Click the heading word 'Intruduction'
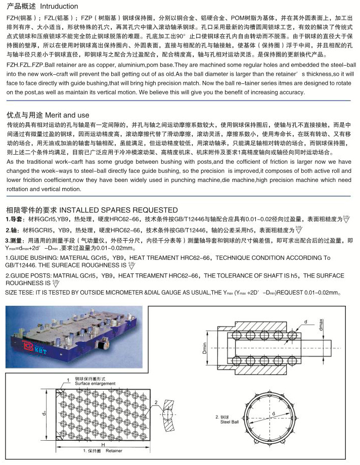(x=59, y=7)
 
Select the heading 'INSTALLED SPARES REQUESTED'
(x=119, y=210)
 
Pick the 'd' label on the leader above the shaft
(x=306, y=321)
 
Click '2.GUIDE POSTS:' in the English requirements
(x=30, y=275)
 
